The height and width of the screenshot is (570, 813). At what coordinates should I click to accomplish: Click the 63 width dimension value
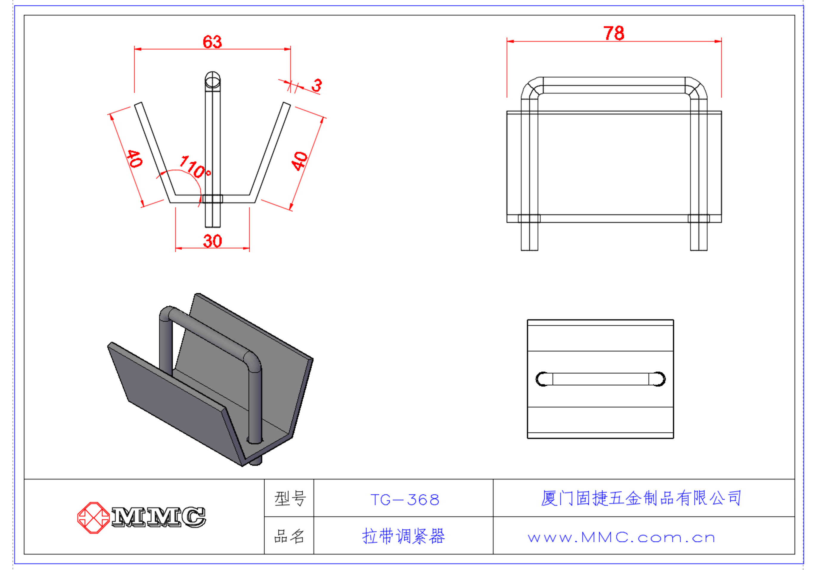(212, 42)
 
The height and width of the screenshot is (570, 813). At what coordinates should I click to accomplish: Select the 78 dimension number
(614, 33)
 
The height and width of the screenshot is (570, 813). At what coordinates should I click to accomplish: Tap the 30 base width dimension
(212, 241)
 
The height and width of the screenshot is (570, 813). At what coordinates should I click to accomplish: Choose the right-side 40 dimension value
(300, 161)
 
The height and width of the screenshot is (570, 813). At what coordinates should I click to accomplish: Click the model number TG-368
(405, 500)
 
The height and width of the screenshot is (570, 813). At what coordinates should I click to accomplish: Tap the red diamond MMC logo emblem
(94, 518)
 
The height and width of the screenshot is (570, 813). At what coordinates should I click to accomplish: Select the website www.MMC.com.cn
(621, 538)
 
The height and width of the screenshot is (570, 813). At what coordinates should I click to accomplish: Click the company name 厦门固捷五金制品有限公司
(641, 498)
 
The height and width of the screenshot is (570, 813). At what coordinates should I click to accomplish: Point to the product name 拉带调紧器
(403, 536)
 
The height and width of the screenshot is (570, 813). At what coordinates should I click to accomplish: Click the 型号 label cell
(290, 499)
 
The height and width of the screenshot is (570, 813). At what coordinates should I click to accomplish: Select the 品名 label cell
(289, 536)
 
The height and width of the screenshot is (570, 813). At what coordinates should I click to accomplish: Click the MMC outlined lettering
(158, 517)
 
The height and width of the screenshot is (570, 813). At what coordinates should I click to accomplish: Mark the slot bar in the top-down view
(600, 379)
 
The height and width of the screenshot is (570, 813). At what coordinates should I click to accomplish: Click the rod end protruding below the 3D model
(255, 461)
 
